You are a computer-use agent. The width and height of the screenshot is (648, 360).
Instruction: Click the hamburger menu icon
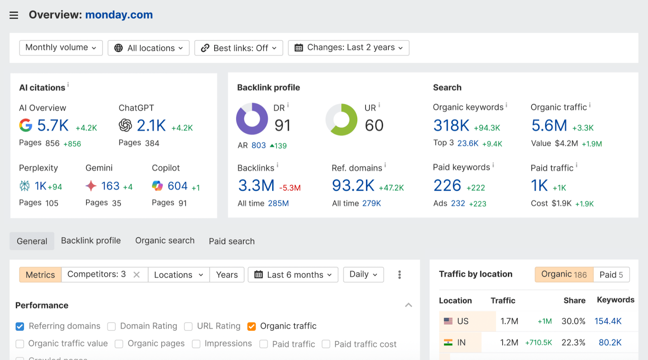[x=14, y=15]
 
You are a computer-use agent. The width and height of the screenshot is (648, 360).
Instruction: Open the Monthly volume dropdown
[x=61, y=48]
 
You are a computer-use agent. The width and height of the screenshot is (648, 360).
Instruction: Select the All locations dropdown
[x=149, y=48]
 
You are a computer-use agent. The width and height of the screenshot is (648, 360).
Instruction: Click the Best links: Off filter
[x=239, y=48]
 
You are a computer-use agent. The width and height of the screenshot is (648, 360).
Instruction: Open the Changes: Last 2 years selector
[x=348, y=48]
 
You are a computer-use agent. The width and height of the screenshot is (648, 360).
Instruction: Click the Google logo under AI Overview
[x=26, y=126]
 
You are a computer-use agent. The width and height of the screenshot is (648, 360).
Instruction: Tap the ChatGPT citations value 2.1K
[x=151, y=126]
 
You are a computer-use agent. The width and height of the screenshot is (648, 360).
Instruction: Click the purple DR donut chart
[x=252, y=119]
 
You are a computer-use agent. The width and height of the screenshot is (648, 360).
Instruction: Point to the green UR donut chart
[x=341, y=119]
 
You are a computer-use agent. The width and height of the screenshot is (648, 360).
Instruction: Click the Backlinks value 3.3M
[x=256, y=186]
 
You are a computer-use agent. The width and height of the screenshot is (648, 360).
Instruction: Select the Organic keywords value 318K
[x=451, y=126]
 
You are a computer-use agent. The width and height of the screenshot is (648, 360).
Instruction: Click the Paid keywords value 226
[x=447, y=186]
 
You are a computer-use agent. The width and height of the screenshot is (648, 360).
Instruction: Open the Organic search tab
[x=165, y=241]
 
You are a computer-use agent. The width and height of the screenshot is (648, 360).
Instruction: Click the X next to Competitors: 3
[x=136, y=275]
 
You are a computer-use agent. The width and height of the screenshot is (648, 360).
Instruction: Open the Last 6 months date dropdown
[x=293, y=275]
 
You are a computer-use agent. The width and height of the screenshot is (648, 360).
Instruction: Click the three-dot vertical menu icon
[x=399, y=275]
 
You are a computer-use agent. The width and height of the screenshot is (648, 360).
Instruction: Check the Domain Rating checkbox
[x=112, y=326]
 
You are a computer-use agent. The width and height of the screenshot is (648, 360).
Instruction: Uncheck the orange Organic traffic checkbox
[x=252, y=326]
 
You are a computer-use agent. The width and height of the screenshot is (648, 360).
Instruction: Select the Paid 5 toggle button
[x=611, y=275]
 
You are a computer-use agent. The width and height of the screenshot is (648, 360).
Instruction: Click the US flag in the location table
[x=448, y=321]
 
